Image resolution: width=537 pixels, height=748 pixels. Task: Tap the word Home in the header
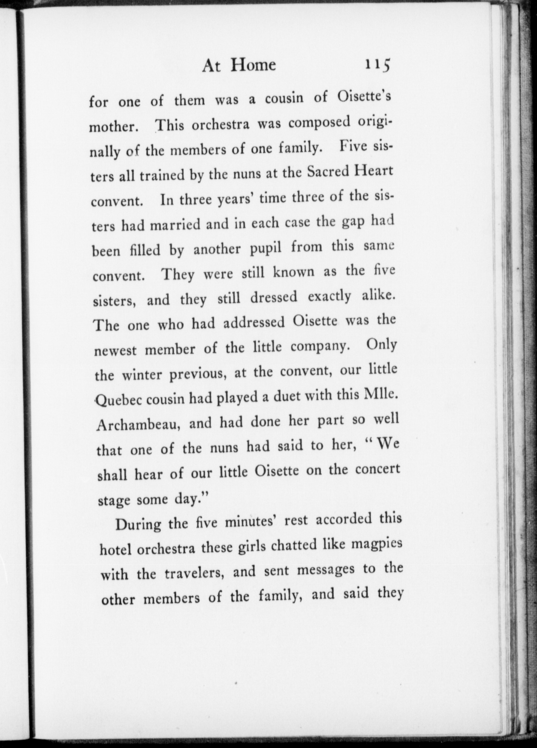[x=253, y=65]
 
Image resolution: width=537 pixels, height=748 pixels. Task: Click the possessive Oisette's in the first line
[x=364, y=97]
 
